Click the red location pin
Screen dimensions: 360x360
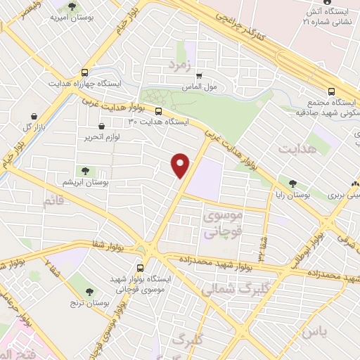coord(181,165)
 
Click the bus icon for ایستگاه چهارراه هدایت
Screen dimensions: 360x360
coord(85,72)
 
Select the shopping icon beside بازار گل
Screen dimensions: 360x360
coord(32,116)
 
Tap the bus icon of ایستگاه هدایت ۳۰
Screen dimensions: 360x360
coord(158,110)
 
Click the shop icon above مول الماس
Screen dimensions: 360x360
coord(199,76)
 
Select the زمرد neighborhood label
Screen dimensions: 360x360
coord(179,65)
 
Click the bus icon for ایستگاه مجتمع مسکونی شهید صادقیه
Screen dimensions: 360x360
coord(331,91)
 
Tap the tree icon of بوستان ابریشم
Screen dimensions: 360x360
coord(85,170)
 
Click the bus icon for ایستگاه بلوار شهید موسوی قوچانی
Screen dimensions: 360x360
coord(140,268)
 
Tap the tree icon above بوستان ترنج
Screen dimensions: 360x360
coord(89,290)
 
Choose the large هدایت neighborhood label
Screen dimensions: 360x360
coord(293,149)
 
